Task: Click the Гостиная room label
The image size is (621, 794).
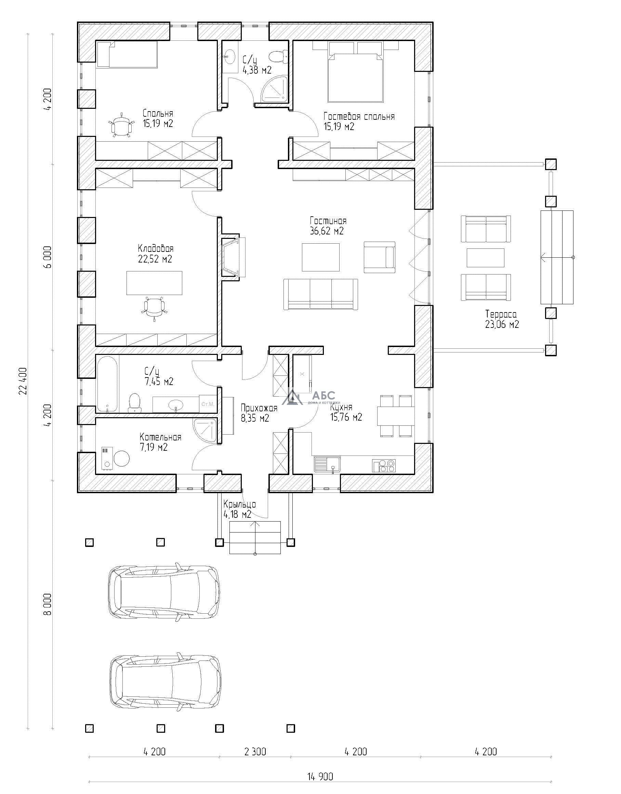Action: coord(328,221)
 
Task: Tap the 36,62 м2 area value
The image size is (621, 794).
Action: coord(327,231)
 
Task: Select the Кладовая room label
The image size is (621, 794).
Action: coord(156,248)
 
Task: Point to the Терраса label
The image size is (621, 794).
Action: coord(501,314)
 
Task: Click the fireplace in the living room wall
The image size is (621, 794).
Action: coord(233,257)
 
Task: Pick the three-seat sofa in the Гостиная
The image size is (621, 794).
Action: coord(320,294)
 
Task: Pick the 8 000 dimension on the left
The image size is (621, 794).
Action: coord(48,604)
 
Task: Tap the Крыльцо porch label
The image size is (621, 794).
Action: coord(240,504)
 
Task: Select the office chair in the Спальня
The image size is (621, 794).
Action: coord(121,126)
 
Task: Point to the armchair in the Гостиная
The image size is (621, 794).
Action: coord(380,257)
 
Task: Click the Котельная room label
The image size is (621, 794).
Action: coord(160,437)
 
